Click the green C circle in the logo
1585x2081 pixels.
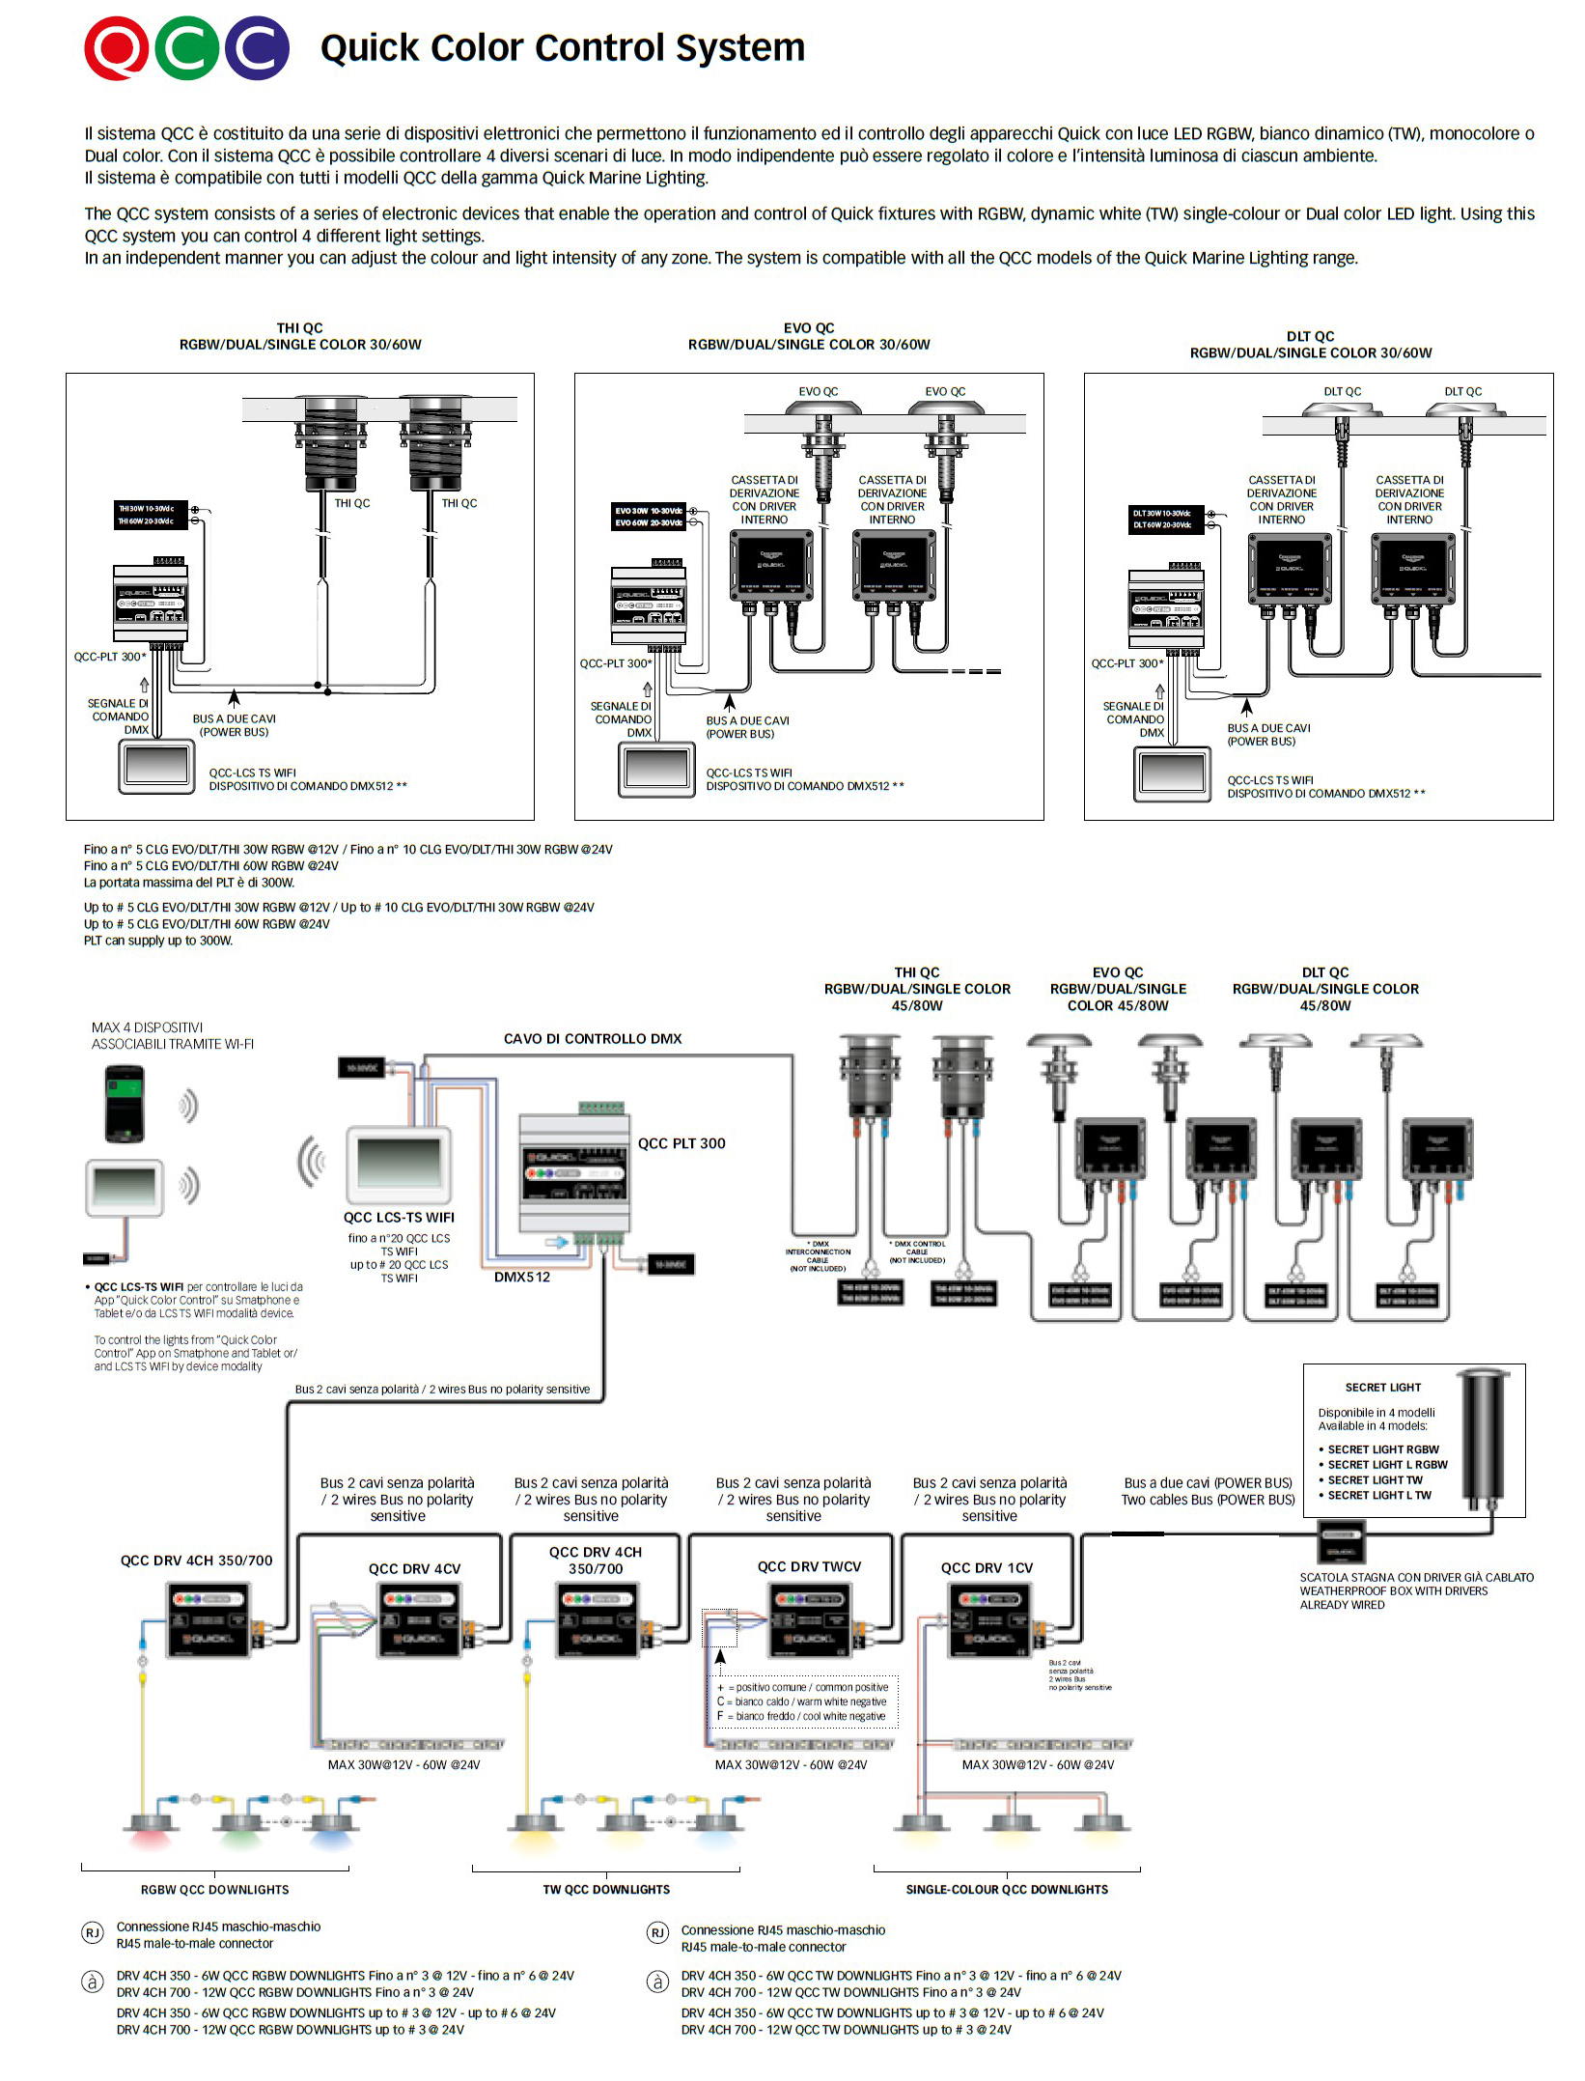186,48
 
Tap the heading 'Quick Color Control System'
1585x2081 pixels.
562,47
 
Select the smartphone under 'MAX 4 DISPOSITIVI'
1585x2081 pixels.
125,1103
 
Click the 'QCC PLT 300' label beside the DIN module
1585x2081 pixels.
681,1143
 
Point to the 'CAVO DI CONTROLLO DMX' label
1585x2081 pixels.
592,1039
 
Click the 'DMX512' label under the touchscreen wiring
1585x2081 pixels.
522,1277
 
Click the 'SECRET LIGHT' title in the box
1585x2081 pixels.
1382,1388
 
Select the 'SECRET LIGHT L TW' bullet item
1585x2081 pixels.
1378,1496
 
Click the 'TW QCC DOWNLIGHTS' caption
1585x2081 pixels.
606,1890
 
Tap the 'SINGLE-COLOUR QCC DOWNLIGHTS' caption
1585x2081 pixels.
1007,1890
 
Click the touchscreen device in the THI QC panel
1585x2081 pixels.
154,767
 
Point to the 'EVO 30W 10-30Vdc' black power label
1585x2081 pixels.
649,511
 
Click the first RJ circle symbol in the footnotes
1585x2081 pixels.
93,1933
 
